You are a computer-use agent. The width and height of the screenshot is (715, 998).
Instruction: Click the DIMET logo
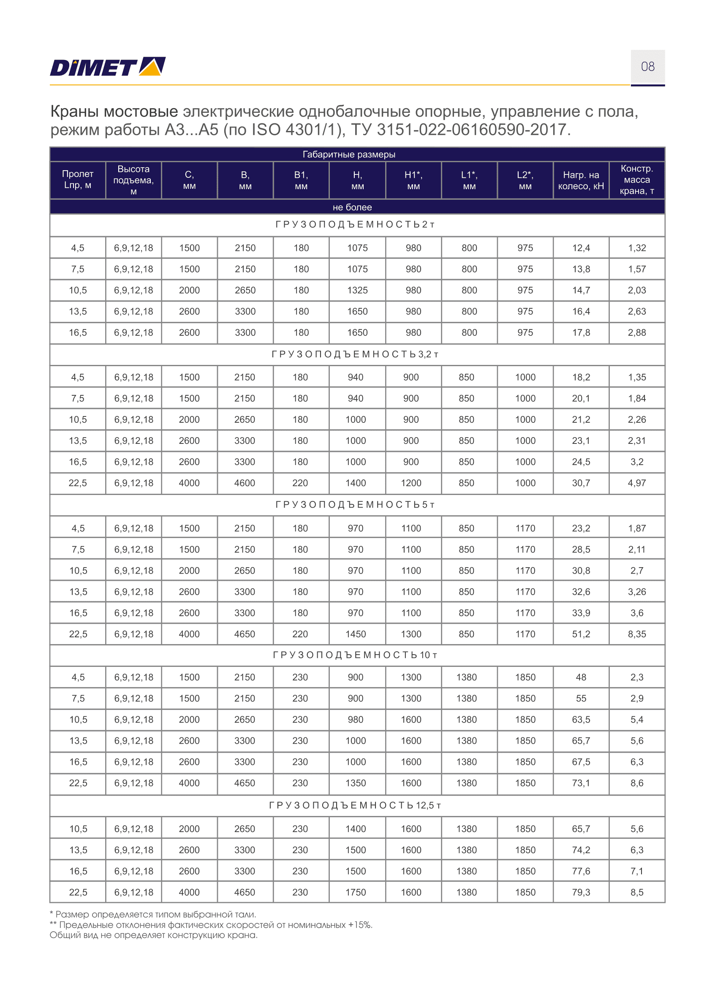107,67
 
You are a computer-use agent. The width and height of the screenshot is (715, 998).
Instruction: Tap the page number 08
647,67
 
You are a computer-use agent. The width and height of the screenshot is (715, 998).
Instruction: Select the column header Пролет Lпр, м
77,179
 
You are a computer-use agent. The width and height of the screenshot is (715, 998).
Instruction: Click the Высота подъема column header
133,180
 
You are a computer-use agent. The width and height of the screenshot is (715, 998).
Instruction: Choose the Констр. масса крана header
637,179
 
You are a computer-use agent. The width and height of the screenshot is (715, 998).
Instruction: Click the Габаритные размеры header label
349,155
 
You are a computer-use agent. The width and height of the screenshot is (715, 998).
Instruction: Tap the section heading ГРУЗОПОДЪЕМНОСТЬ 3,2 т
355,354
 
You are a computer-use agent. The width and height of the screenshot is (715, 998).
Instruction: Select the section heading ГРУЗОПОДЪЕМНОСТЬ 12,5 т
355,805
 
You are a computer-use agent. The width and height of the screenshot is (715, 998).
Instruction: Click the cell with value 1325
357,291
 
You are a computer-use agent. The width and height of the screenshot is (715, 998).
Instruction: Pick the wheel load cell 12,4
581,248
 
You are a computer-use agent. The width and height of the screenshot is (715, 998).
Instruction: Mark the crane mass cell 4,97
637,483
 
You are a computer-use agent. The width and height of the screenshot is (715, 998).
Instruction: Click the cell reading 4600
245,483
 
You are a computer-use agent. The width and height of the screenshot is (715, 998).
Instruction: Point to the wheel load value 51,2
581,634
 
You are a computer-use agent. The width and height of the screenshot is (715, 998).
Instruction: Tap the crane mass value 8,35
637,634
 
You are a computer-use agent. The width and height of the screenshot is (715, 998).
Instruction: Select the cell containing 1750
356,892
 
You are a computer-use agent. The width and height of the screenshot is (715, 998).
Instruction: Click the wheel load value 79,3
581,892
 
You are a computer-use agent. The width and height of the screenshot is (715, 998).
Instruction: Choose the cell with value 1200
411,483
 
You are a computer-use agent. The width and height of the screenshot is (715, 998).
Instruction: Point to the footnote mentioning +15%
211,925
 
